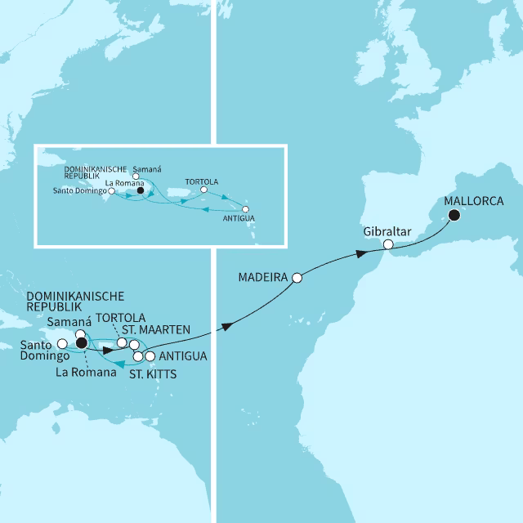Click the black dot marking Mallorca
453,217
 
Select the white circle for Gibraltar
389,244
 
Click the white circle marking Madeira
297,278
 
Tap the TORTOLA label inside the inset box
202,181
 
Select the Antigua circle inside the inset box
245,208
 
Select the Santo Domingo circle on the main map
62,355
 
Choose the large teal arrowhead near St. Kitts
119,364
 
